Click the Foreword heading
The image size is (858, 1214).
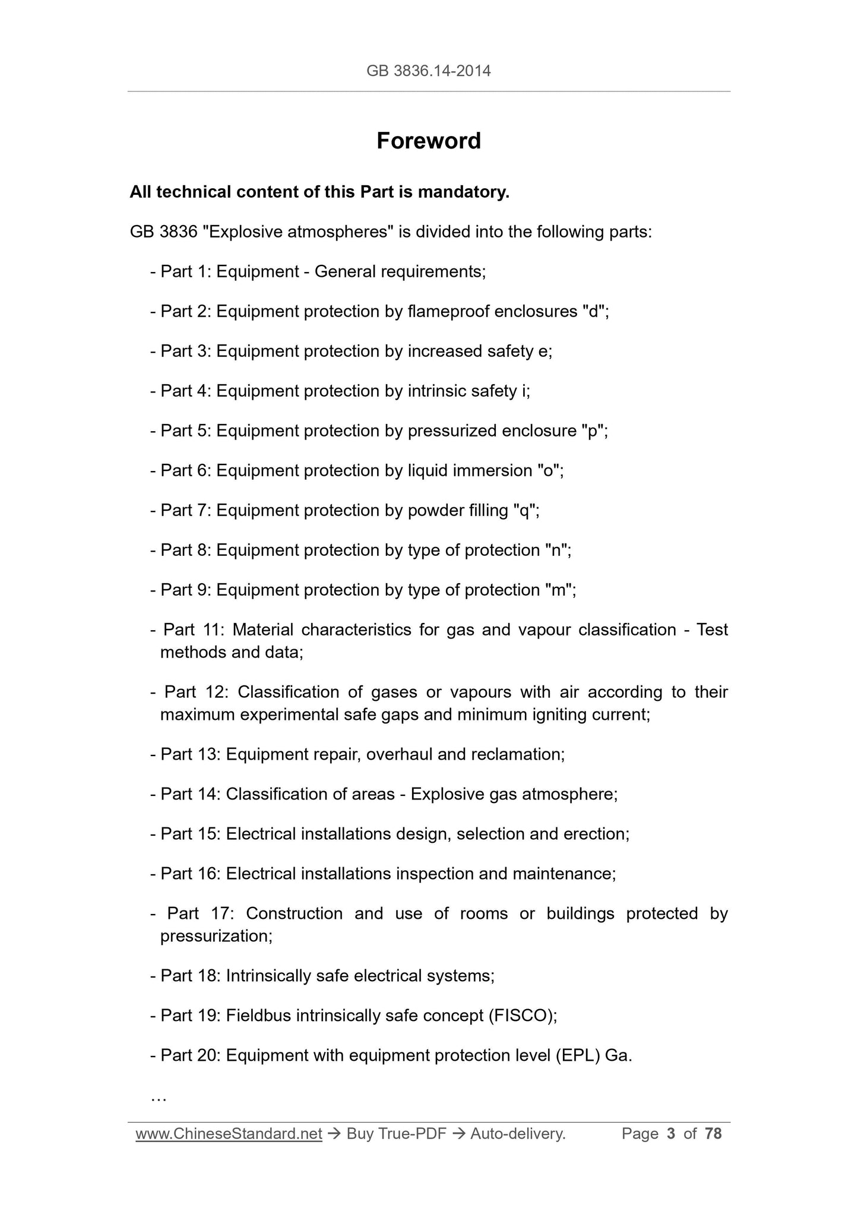click(x=428, y=141)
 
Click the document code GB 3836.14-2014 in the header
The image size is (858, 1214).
click(x=428, y=71)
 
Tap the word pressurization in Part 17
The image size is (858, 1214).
click(x=215, y=936)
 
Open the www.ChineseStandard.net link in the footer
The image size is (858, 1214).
click(x=229, y=1134)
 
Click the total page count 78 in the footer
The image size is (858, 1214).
click(x=713, y=1134)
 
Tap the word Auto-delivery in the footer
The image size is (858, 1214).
click(x=517, y=1134)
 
